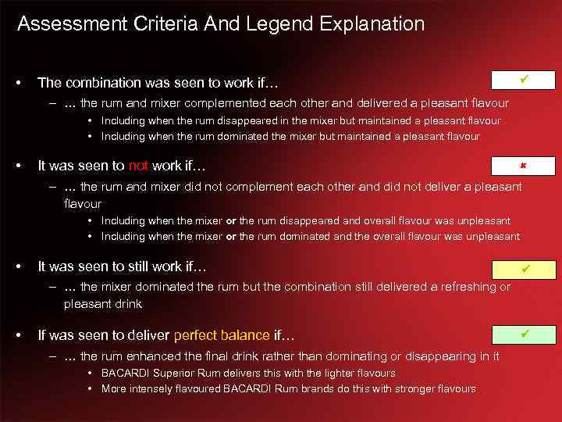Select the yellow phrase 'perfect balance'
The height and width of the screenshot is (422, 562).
[x=222, y=336]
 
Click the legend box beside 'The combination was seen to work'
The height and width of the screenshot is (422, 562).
[x=524, y=80]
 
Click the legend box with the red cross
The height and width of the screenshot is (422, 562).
[x=524, y=166]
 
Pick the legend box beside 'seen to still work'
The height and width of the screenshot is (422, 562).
[x=524, y=270]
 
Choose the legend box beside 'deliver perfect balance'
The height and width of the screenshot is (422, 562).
[x=524, y=335]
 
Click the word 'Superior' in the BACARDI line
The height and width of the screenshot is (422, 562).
[x=174, y=374]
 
